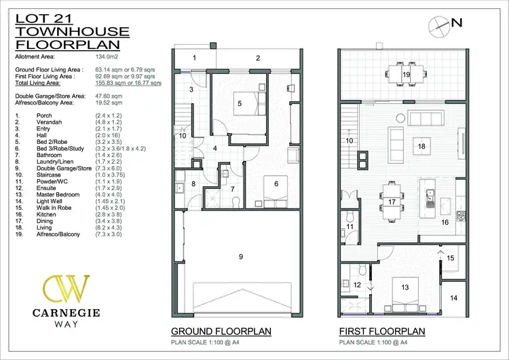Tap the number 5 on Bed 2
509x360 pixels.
pos(240,103)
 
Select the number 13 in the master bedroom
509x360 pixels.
pos(405,287)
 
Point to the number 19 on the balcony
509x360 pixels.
pos(407,74)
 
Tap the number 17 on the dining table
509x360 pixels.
pos(392,202)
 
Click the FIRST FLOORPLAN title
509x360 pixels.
pos(383,331)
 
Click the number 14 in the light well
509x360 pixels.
pos(454,298)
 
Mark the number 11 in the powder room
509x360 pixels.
pos(350,226)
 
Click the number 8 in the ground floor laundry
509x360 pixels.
pos(193,183)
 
